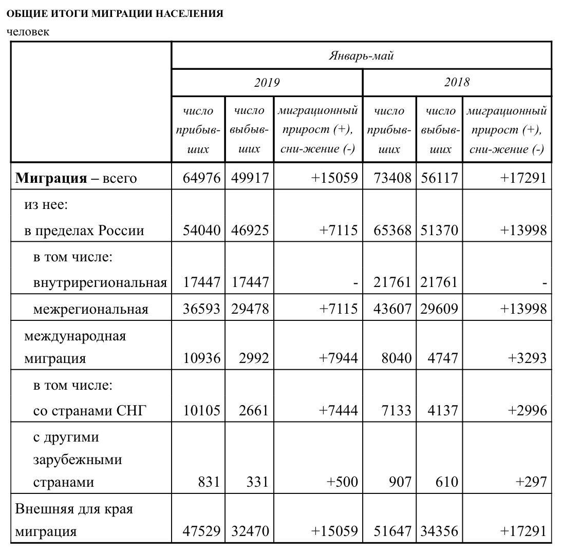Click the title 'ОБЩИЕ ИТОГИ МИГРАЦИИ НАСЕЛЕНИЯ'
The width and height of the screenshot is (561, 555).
point(115,14)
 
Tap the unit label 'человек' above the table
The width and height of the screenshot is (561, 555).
point(28,32)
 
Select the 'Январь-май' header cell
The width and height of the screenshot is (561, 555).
point(361,55)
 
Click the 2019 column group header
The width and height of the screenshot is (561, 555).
point(267,82)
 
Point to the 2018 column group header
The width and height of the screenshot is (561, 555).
point(457,82)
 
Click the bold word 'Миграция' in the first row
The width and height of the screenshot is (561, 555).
point(51,178)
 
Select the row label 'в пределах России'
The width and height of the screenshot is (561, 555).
point(84,230)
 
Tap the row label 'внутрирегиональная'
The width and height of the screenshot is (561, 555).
point(100,282)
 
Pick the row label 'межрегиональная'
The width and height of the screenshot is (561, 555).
point(90,309)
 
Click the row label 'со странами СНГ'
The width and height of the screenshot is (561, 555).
point(90,410)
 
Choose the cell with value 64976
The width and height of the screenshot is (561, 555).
point(201,178)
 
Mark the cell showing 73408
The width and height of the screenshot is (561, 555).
point(392,178)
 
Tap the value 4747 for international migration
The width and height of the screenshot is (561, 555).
point(442,358)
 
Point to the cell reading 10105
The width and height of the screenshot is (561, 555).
point(201,410)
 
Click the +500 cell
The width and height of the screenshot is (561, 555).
point(342,482)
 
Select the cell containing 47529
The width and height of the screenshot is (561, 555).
point(201,531)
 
